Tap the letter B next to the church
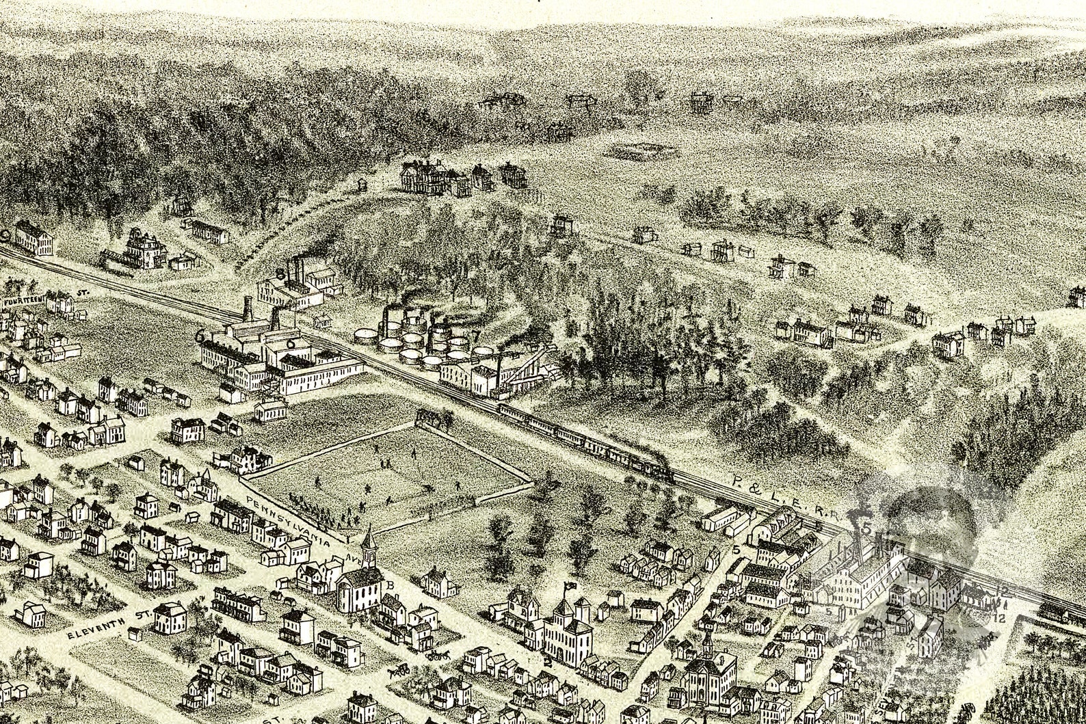pos(390,585)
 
